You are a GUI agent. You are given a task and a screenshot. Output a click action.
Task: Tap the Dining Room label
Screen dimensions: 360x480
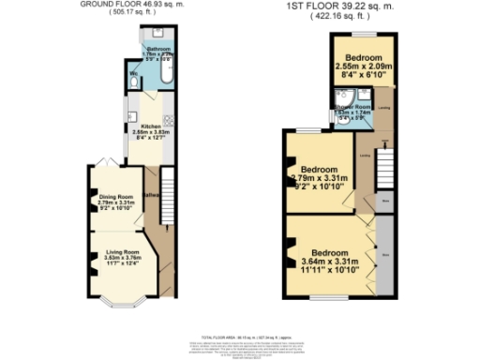coord(117,200)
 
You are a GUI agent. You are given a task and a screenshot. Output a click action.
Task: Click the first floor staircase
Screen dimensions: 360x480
coord(382,169)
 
